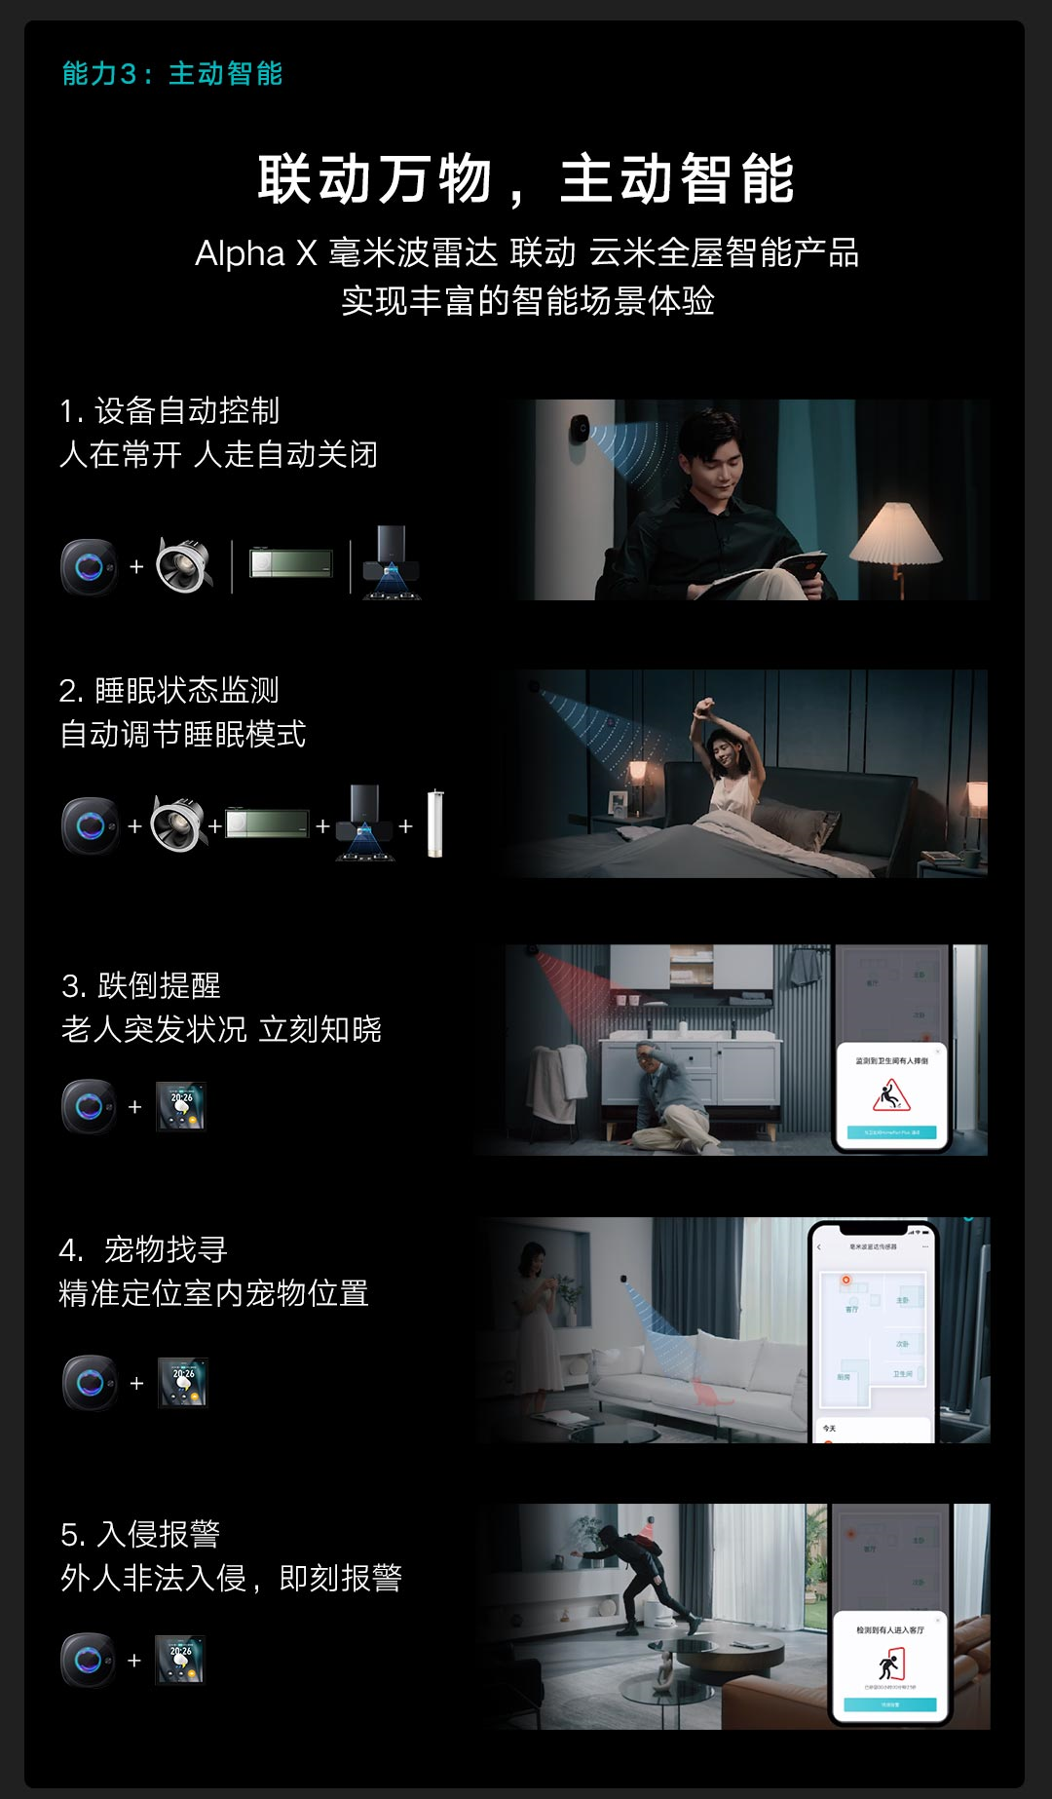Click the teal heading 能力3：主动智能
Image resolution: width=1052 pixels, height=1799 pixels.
click(171, 74)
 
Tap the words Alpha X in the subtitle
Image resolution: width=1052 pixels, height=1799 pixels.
click(255, 253)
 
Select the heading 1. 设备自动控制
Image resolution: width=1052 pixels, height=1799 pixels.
click(169, 411)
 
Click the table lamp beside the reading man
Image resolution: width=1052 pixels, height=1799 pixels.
click(895, 536)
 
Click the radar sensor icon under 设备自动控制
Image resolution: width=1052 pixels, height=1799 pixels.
click(89, 566)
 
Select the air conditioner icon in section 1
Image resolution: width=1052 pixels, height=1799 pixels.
click(290, 563)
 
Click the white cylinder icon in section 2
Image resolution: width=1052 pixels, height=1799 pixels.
click(435, 824)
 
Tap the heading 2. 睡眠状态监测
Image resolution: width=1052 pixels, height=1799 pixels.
click(169, 691)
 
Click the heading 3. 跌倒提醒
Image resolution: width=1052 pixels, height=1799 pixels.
click(141, 986)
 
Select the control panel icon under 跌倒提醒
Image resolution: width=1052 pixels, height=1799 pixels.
click(181, 1106)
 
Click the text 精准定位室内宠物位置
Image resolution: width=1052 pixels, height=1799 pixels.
click(213, 1294)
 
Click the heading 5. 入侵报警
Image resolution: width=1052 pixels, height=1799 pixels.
click(140, 1535)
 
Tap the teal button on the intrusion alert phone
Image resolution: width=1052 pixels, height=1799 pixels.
click(889, 1704)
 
